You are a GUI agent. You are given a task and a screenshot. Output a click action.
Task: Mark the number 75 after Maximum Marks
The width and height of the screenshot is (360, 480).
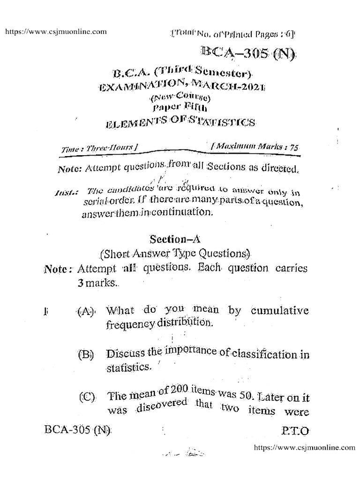[x=294, y=147]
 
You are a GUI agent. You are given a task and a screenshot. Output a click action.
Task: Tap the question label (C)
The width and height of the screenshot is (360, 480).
[x=87, y=399]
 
